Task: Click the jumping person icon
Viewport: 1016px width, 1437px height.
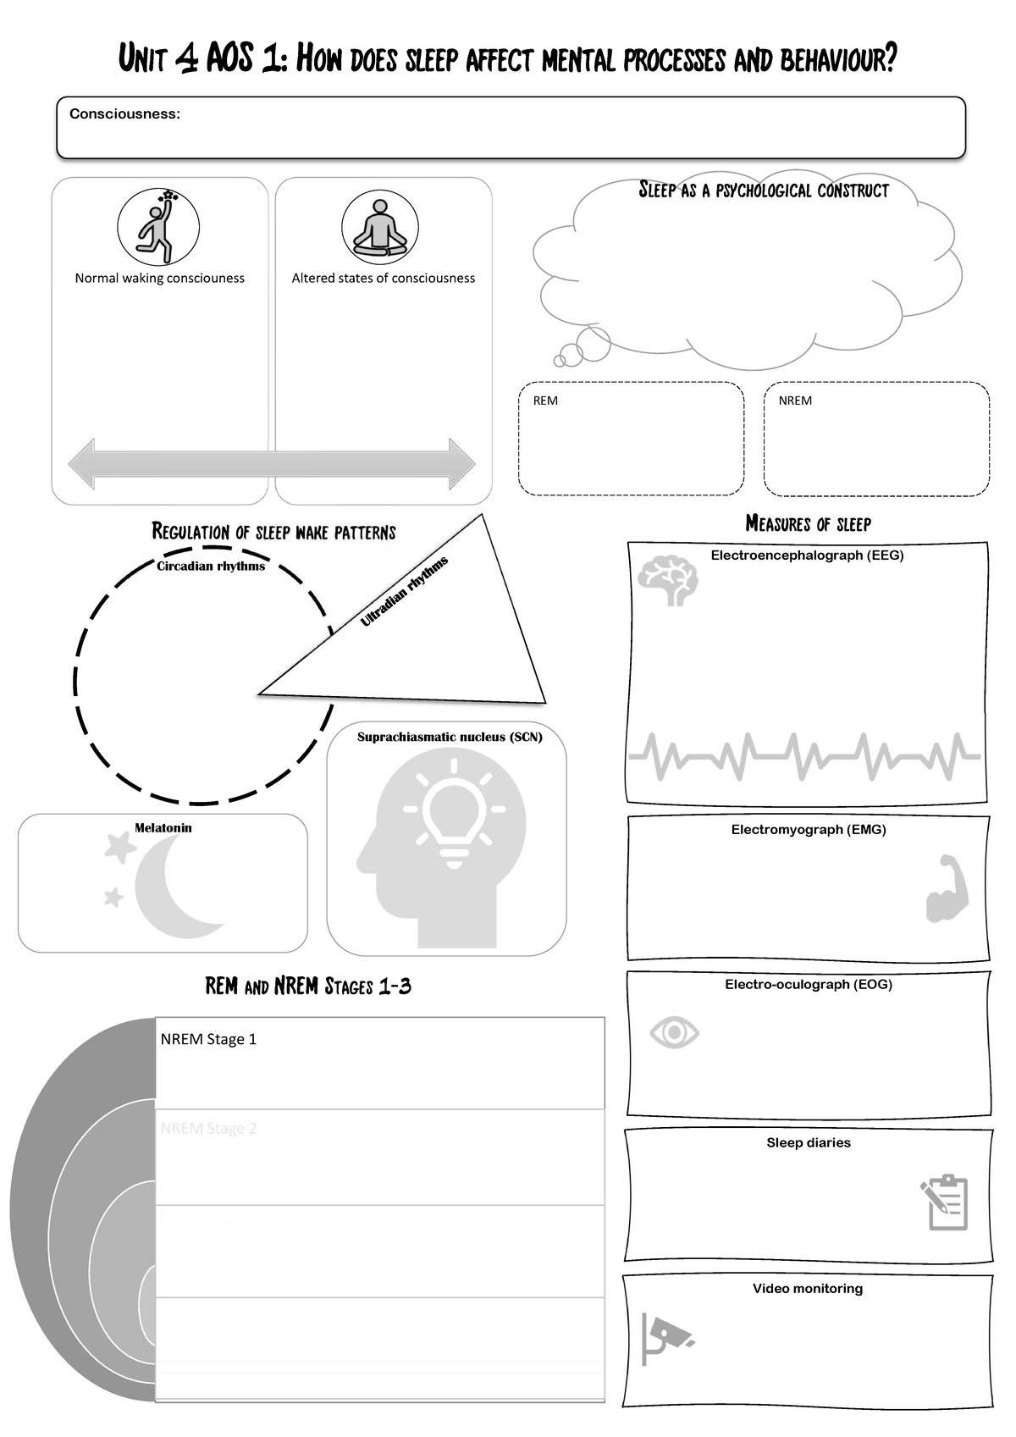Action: (158, 226)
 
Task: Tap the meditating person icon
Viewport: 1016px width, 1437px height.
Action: (379, 228)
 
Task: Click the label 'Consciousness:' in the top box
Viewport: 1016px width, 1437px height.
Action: (124, 114)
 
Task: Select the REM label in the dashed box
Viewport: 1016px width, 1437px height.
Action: (545, 401)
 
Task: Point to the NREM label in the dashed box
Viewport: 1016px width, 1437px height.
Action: (795, 401)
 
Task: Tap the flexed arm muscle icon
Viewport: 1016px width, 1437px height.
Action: (947, 889)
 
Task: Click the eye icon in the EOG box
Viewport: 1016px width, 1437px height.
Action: (674, 1032)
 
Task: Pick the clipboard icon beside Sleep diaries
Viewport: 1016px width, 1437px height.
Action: (945, 1202)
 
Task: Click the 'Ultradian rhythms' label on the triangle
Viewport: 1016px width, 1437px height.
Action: (404, 591)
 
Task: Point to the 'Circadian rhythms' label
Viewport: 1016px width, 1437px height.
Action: (211, 566)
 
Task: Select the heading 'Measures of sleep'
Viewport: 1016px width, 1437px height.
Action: (808, 524)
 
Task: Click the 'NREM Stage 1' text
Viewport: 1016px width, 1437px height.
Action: (208, 1039)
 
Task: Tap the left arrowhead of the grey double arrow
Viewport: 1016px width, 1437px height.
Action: (83, 464)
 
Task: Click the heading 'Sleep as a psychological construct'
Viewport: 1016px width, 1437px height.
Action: (763, 191)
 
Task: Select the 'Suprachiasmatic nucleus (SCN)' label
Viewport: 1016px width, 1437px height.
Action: (450, 737)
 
